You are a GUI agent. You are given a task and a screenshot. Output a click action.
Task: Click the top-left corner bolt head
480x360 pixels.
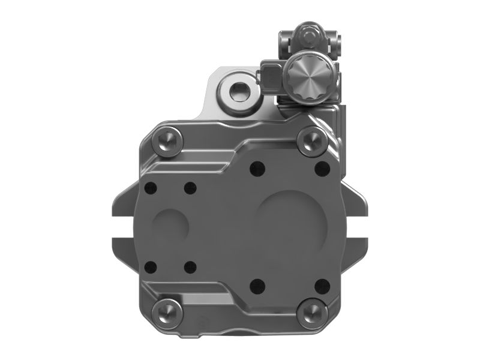[x=166, y=142]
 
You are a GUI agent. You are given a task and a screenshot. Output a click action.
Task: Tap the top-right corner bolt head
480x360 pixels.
[x=311, y=142]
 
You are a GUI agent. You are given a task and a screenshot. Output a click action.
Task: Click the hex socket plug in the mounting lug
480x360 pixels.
[x=235, y=91]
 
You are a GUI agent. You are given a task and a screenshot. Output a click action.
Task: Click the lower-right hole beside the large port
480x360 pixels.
[x=321, y=284]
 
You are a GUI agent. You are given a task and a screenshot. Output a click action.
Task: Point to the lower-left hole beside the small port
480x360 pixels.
[x=151, y=266]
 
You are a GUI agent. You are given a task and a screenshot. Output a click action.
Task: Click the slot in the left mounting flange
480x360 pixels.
[x=124, y=226]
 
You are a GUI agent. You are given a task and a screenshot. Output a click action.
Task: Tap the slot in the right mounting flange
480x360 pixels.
[x=356, y=226]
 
